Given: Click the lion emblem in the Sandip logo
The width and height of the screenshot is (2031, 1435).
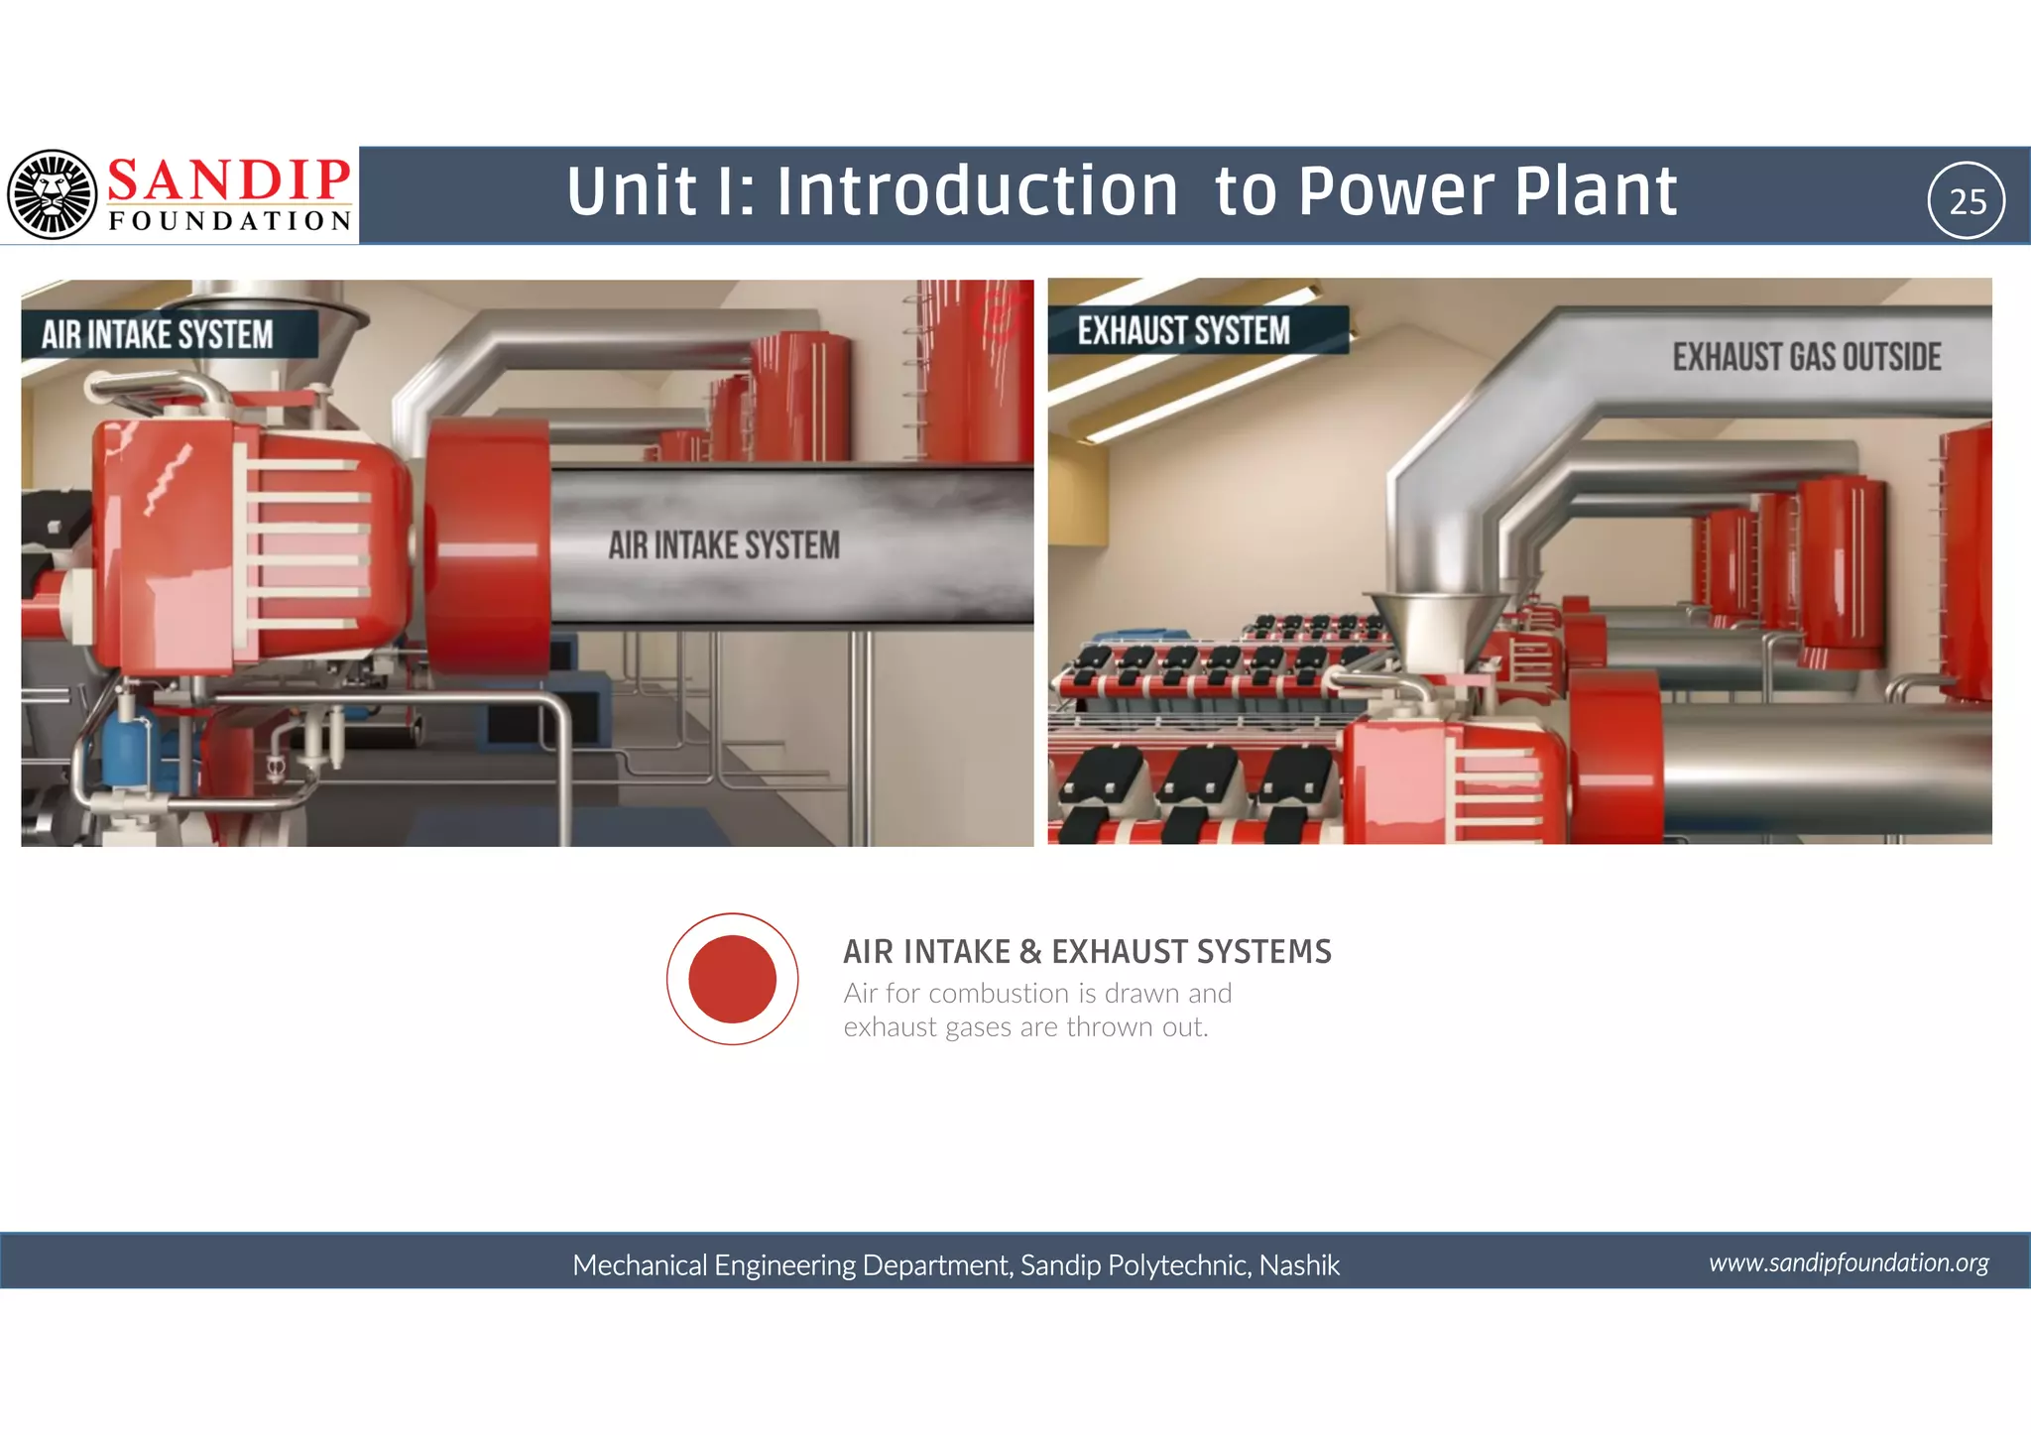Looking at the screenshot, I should [52, 194].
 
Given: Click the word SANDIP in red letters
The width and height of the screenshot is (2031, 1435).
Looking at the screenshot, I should [228, 180].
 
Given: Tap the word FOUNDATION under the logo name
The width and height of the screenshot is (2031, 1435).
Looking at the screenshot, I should [230, 221].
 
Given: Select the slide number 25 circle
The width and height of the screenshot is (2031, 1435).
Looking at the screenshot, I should [1967, 201].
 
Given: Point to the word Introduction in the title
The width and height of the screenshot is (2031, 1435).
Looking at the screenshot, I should [977, 191].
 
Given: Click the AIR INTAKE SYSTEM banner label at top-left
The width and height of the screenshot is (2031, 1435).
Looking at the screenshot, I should [158, 335].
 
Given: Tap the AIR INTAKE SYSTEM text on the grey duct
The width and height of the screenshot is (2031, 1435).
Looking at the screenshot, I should [724, 545].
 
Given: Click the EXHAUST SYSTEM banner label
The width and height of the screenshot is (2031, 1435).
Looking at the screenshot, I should [1184, 331].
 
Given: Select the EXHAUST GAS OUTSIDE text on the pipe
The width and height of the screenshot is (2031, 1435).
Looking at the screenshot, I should [1807, 357].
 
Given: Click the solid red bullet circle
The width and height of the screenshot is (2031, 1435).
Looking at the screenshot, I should [732, 979].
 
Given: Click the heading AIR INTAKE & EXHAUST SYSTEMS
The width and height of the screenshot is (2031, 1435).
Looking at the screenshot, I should [1087, 952].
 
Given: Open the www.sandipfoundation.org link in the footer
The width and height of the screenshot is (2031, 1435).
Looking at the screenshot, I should [1849, 1262].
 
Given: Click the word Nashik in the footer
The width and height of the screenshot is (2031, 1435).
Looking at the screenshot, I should [1299, 1265].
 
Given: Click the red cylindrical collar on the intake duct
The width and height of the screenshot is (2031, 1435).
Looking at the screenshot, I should [489, 548].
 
